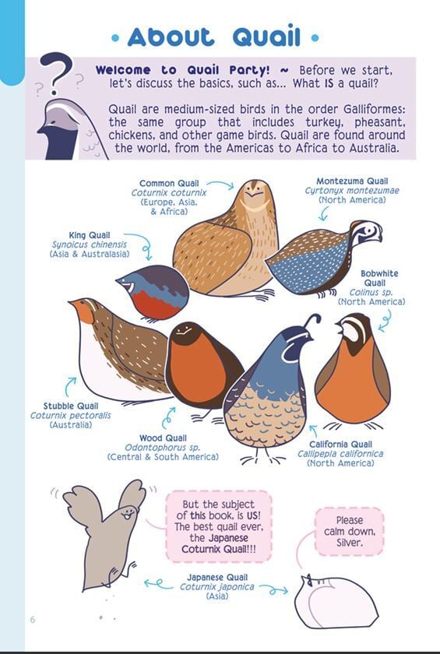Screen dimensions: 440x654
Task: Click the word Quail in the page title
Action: coord(266,37)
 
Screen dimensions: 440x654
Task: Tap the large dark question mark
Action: coord(56,72)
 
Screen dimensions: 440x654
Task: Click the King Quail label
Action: coord(90,235)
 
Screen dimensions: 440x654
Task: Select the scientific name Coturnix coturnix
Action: coord(168,193)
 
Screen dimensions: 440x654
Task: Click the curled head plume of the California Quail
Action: coord(313,321)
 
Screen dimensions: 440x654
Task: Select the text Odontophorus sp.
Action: coord(162,448)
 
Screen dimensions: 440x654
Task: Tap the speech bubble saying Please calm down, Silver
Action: coord(349,531)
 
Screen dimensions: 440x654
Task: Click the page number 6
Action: coord(33,620)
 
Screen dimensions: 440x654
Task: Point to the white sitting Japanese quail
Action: coord(335,601)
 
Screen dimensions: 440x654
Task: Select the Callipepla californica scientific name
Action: coord(340,454)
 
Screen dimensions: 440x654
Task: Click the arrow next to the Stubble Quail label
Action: coord(71,386)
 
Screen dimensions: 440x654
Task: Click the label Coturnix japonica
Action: coord(216,587)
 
